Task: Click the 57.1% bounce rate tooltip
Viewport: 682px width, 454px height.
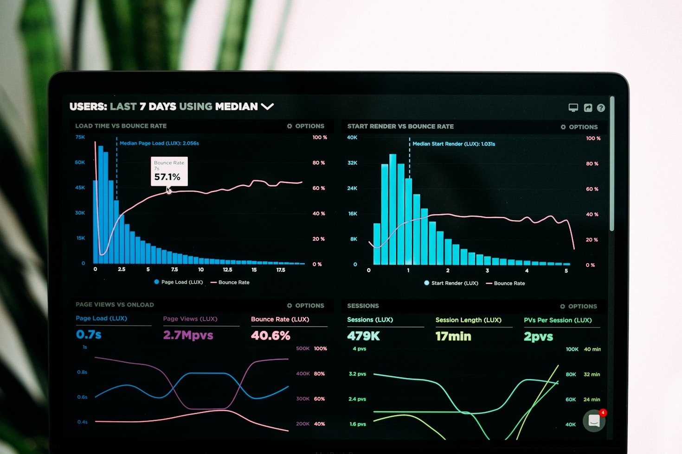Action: coord(169,171)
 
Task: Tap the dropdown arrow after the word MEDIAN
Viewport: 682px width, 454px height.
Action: coord(267,107)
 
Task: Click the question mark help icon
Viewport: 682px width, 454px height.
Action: coord(601,108)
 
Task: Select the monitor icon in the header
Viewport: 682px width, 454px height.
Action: coord(573,108)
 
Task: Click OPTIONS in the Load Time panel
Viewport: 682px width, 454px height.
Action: coord(306,126)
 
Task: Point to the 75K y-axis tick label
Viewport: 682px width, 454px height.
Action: coord(80,137)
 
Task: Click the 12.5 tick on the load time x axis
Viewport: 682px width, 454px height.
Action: coord(227,270)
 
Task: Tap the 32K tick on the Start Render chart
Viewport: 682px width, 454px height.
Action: coord(352,163)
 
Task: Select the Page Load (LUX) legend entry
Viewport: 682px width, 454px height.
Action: coord(179,282)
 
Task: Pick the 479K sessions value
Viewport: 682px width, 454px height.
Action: coord(363,336)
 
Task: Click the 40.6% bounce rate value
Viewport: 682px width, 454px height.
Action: coord(270,335)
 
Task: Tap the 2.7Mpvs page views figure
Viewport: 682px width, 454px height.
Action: coord(188,335)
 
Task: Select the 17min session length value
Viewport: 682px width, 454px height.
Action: coord(453,336)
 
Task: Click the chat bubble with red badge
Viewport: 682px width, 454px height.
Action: coord(594,421)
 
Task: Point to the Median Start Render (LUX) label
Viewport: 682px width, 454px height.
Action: coord(454,144)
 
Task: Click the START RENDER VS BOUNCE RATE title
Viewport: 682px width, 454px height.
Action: coord(400,126)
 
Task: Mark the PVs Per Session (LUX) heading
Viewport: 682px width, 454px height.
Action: coord(558,320)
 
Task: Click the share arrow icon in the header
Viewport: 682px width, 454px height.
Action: coord(588,108)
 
